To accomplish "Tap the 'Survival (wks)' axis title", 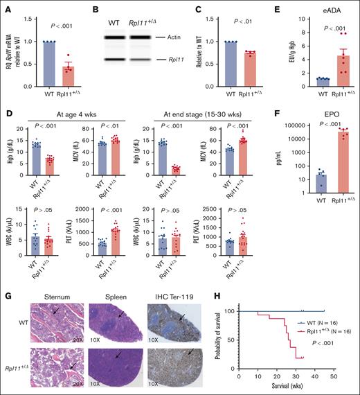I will (286, 387).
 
